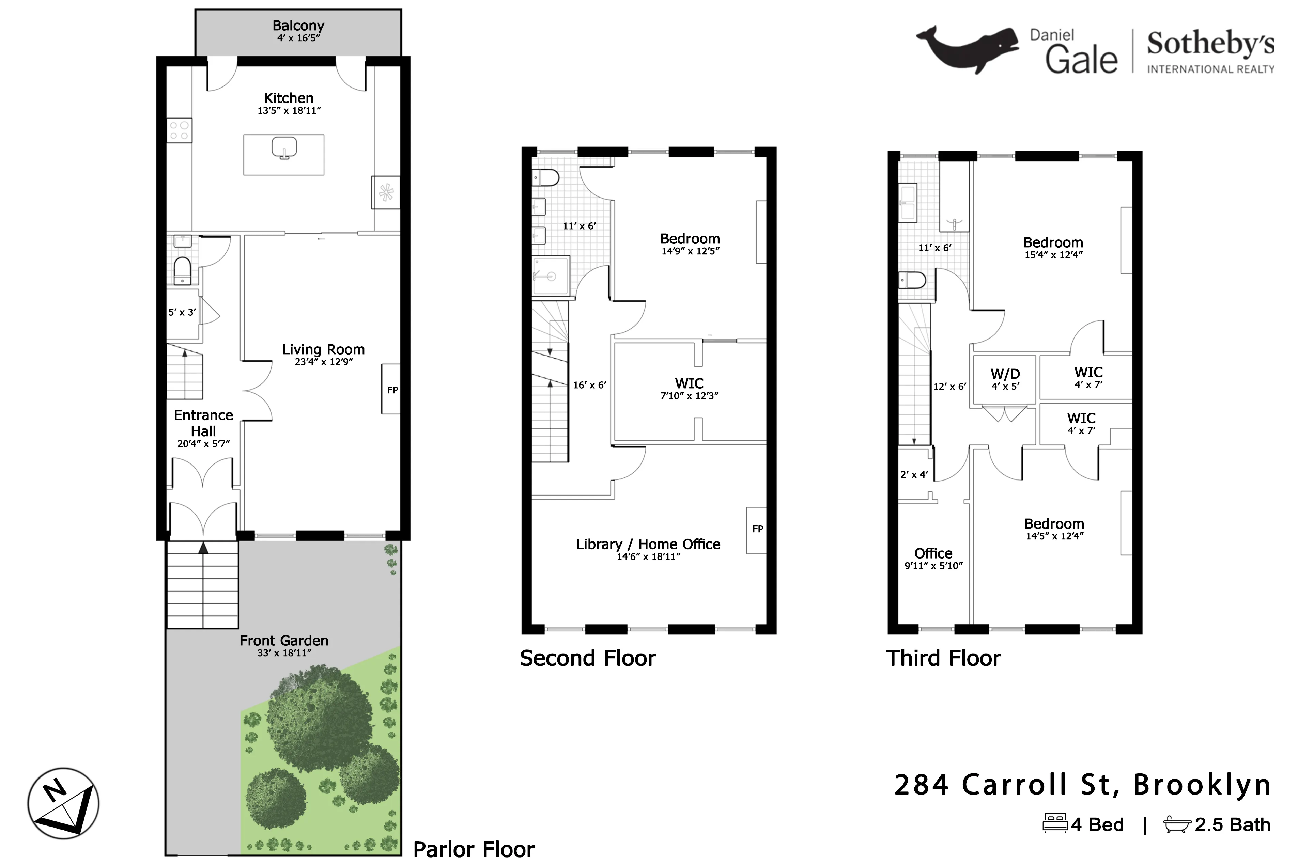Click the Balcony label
click(x=298, y=26)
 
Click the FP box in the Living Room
click(x=391, y=390)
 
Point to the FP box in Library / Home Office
click(x=757, y=530)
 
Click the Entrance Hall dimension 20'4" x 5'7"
click(x=203, y=443)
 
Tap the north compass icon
click(x=63, y=803)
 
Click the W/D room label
click(x=1005, y=374)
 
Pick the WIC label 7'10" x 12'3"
click(x=689, y=395)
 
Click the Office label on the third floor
click(x=933, y=553)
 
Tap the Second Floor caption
click(x=587, y=658)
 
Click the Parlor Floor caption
click(x=474, y=850)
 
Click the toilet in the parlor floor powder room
click(x=182, y=270)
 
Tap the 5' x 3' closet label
click(x=182, y=312)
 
